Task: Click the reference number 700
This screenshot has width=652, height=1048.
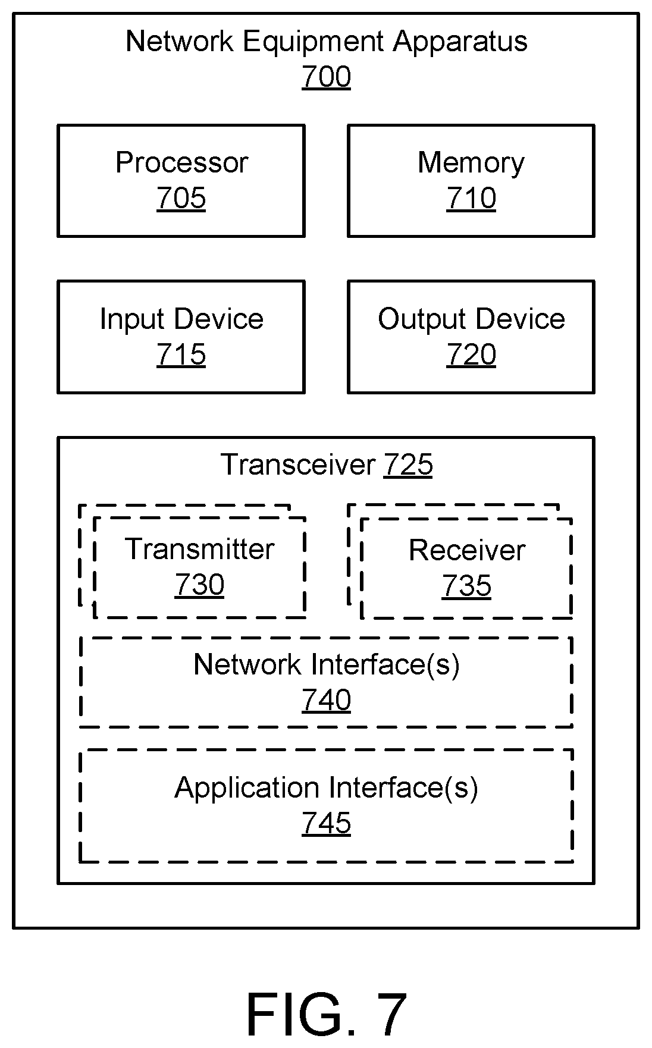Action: (x=326, y=77)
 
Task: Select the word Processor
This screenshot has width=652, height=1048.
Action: (x=181, y=162)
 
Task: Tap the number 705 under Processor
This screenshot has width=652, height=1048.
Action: (x=181, y=198)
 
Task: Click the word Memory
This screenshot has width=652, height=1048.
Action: (x=471, y=163)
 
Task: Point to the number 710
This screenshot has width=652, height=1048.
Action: (x=471, y=198)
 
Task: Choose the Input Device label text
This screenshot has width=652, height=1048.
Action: (x=181, y=319)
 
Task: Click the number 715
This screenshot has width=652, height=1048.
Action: (x=181, y=354)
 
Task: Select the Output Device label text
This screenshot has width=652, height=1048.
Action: (x=471, y=319)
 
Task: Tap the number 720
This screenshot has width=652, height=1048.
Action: (x=471, y=354)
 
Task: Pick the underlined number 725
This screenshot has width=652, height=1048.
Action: (x=408, y=465)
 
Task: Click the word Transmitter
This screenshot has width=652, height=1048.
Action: (x=199, y=549)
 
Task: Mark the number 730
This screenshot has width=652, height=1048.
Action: (x=199, y=585)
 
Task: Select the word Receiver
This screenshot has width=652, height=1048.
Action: (x=467, y=550)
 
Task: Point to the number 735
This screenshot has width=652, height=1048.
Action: (x=467, y=586)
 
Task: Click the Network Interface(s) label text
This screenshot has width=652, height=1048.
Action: (x=327, y=664)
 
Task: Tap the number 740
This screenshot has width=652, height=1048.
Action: (x=326, y=700)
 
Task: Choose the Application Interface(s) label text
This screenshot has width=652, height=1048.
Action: (x=327, y=788)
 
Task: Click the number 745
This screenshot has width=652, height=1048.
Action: (x=326, y=824)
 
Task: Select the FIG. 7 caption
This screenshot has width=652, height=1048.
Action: (x=327, y=1014)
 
